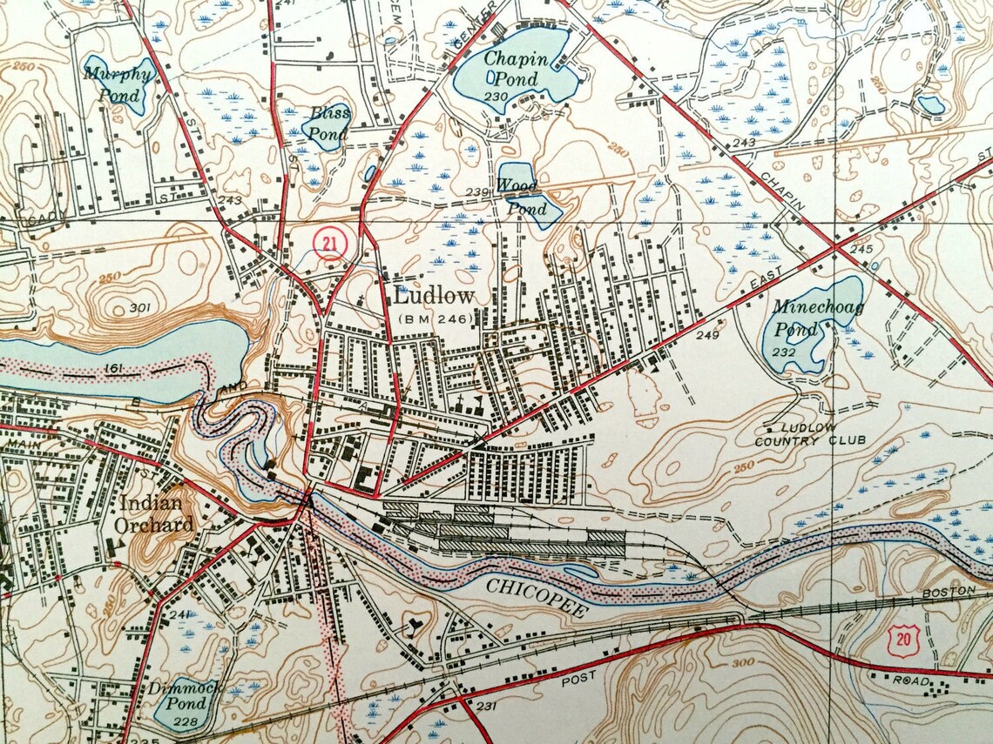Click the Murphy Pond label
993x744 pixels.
119,84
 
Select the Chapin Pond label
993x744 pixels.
517,70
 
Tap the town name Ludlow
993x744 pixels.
434,296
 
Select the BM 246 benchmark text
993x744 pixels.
436,319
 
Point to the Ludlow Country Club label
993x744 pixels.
811,434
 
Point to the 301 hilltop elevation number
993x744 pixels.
139,308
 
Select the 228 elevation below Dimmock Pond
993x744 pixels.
181,722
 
